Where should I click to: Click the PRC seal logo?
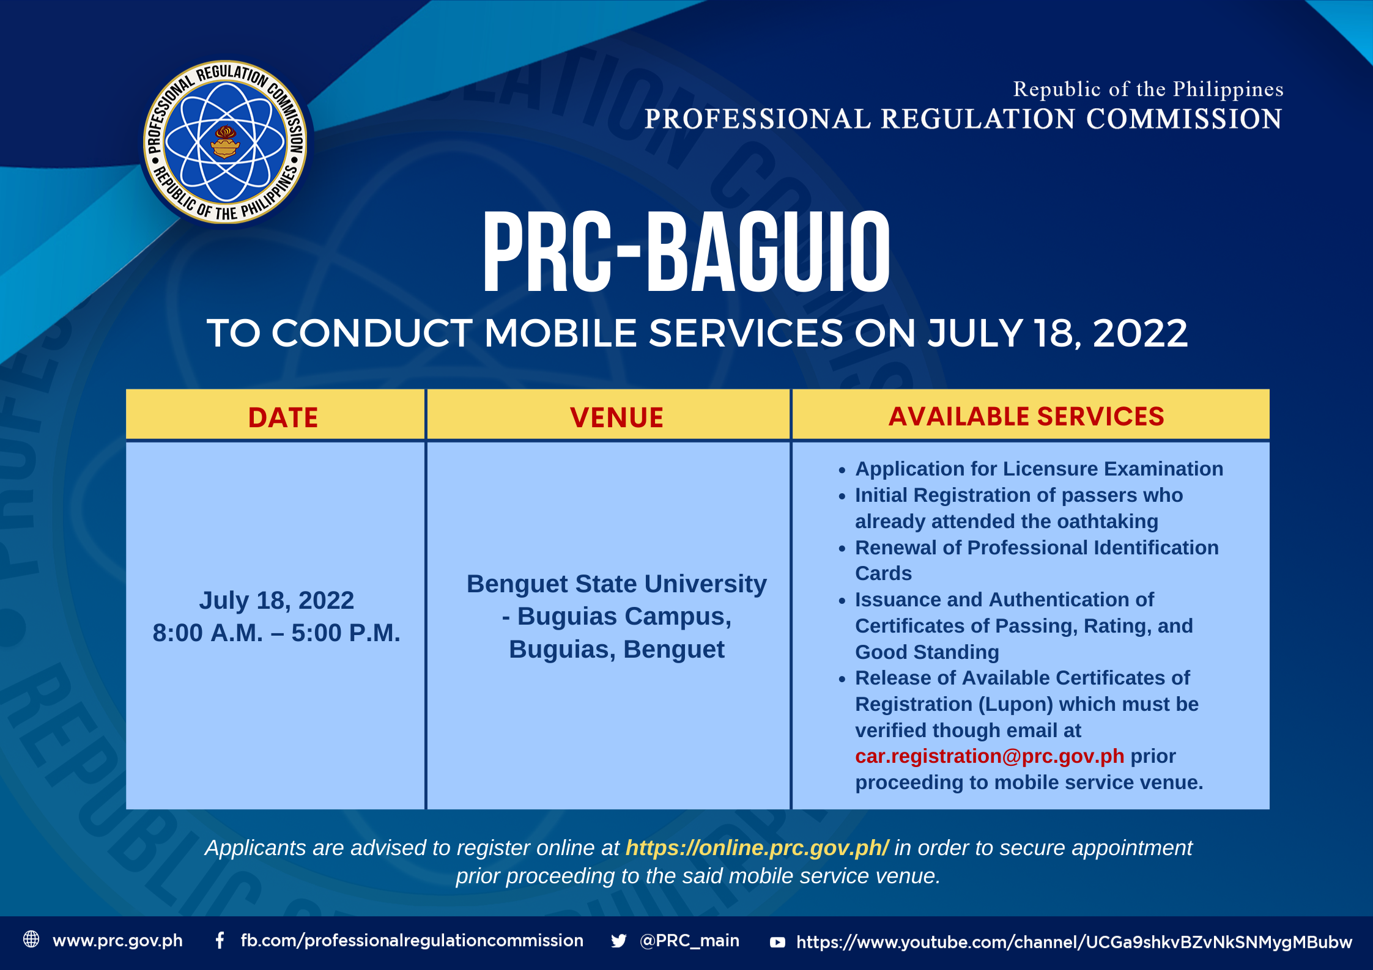click(x=225, y=142)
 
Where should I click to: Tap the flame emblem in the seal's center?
click(x=225, y=142)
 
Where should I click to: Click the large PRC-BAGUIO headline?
click(x=686, y=252)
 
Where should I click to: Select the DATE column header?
click(x=283, y=418)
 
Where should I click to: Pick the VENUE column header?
click(x=616, y=418)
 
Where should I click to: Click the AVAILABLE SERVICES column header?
click(x=1026, y=417)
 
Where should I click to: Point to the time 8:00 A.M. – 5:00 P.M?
click(x=276, y=633)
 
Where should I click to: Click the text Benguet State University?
click(x=616, y=584)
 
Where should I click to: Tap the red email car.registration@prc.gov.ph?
click(x=990, y=757)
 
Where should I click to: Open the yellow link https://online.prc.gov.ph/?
click(x=757, y=848)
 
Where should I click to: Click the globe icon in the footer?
click(x=31, y=939)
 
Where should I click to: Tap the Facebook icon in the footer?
click(x=220, y=940)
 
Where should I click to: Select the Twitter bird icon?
click(x=618, y=941)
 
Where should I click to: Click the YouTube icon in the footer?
click(x=777, y=942)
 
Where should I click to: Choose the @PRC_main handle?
click(x=689, y=941)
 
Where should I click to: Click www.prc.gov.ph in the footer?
click(x=117, y=941)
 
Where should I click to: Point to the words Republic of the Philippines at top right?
click(x=1148, y=89)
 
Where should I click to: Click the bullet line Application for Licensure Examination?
click(x=1039, y=469)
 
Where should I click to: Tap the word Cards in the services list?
click(x=883, y=573)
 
